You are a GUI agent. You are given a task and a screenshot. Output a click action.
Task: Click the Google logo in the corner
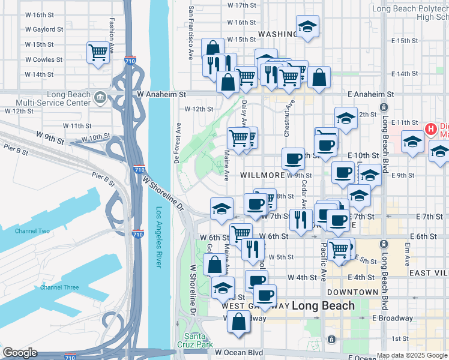coord(20,353)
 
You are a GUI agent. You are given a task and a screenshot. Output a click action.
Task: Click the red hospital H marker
coord(430,128)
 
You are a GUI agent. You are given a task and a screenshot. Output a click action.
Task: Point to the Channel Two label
coord(32,231)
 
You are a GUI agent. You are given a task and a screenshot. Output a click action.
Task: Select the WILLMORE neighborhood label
coord(262,175)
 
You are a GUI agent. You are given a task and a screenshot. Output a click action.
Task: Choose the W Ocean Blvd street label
coord(239,352)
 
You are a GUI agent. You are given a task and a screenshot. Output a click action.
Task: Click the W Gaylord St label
coord(44,29)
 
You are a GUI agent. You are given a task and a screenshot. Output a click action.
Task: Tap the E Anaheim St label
coord(370,95)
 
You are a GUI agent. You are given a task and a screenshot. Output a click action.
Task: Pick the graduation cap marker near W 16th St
coord(307,27)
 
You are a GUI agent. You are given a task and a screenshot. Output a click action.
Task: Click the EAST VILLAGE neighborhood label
coord(429,273)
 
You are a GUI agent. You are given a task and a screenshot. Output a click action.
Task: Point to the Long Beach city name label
coord(323,306)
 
